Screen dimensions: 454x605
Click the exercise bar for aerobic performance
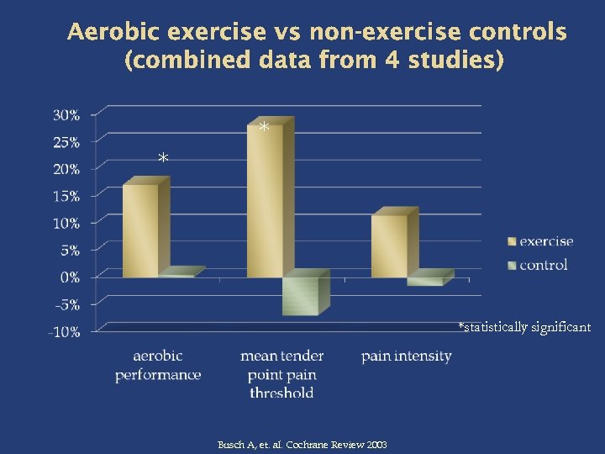[141, 230]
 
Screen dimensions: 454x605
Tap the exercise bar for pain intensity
[388, 245]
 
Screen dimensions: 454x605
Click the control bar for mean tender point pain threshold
[300, 296]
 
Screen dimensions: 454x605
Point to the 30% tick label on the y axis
[67, 115]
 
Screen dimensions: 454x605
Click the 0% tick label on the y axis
[70, 277]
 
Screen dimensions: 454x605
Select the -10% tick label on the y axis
[64, 331]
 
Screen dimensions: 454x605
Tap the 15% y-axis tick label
[67, 196]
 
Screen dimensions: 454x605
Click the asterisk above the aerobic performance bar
[163, 159]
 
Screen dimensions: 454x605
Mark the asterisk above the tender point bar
[264, 128]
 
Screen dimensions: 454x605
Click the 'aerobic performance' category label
[158, 366]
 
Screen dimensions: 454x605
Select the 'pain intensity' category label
[407, 356]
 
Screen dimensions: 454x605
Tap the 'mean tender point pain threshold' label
[281, 374]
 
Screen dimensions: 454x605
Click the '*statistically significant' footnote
[524, 326]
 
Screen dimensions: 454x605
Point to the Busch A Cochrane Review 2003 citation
[302, 444]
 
